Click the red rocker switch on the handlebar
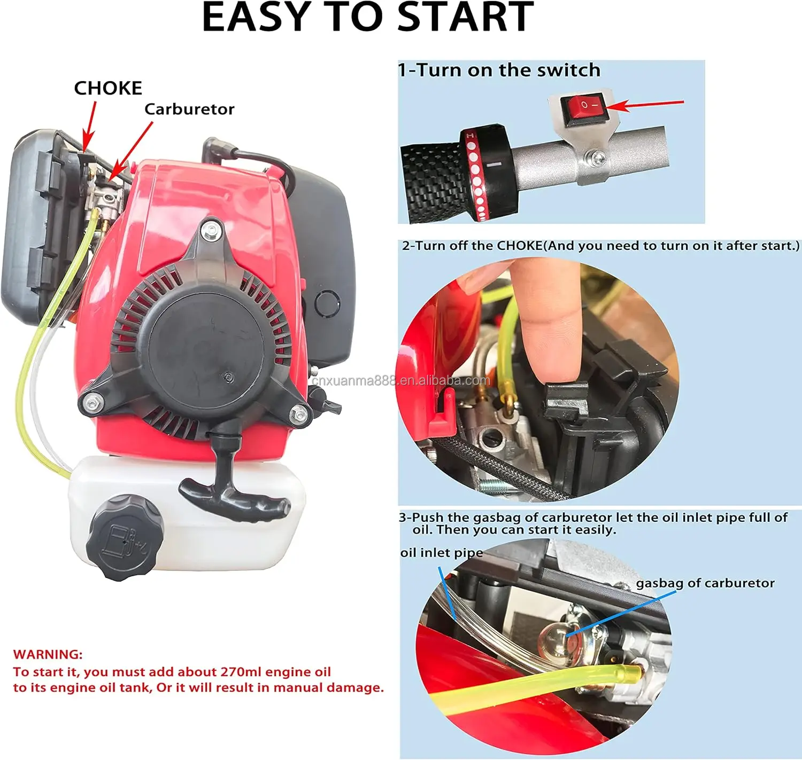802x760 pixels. click(583, 106)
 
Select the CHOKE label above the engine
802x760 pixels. click(108, 88)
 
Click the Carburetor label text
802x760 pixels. click(189, 109)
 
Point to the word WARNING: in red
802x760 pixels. click(48, 654)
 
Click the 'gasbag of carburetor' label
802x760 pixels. click(705, 583)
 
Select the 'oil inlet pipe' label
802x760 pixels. click(441, 552)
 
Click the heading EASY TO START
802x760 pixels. click(368, 17)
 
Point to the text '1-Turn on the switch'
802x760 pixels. click(499, 70)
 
